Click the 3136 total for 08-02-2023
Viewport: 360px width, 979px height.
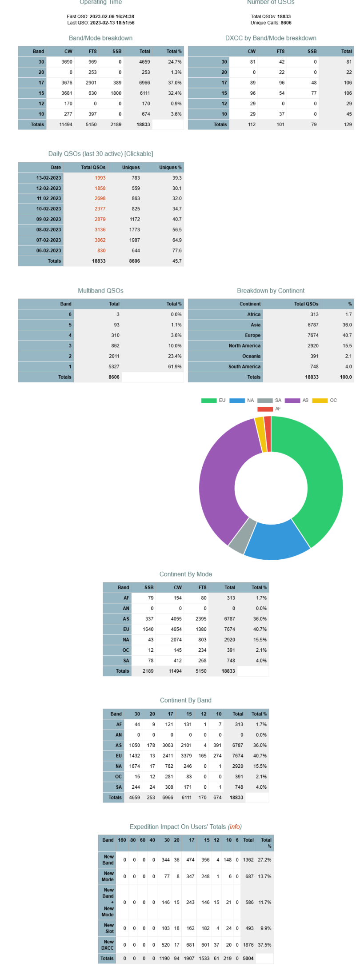100,230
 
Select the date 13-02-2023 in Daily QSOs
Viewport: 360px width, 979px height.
49,178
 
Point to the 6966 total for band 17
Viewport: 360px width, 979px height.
144,83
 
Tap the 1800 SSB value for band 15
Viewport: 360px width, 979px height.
116,93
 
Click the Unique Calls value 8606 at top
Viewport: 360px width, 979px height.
286,23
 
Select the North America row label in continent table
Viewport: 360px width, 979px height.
244,346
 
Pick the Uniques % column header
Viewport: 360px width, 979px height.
170,168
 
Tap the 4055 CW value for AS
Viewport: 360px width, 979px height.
176,619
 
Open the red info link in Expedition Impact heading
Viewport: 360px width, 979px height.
235,827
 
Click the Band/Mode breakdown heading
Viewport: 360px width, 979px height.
100,38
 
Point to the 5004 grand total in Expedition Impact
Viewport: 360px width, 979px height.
248,959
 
